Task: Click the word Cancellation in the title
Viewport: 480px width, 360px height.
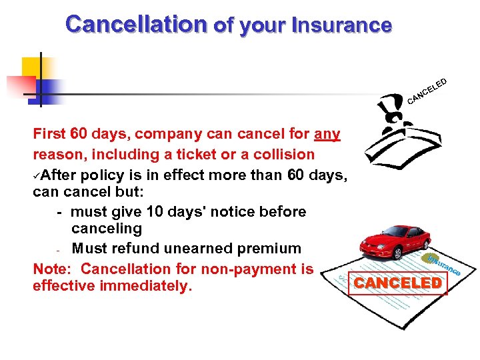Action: point(137,25)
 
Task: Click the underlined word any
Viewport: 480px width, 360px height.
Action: point(327,135)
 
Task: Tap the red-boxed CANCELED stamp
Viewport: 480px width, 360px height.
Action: point(398,283)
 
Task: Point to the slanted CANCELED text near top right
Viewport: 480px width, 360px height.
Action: point(427,92)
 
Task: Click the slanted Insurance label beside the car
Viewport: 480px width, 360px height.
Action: point(444,264)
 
